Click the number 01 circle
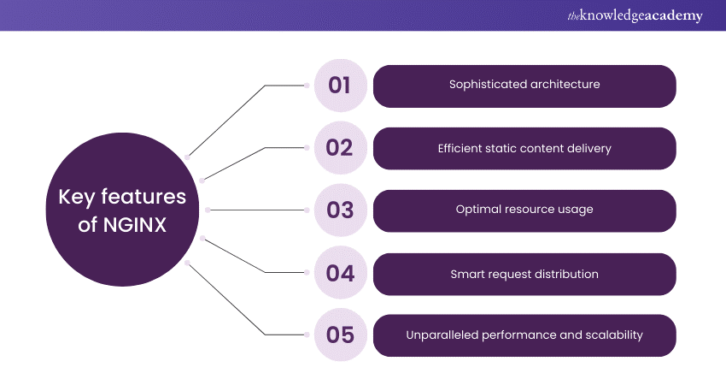(340, 86)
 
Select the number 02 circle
(340, 148)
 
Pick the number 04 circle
(340, 274)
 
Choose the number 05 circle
(340, 335)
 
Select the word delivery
(589, 148)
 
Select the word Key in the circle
(75, 198)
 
